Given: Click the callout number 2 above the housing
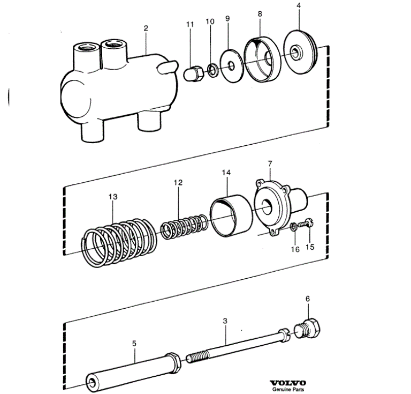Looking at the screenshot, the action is tap(146, 28).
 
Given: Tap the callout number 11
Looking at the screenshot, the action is tap(190, 25).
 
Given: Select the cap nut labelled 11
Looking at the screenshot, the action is tap(194, 74).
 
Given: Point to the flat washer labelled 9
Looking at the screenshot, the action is tap(232, 66).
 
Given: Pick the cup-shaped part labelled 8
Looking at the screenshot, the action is tap(262, 60).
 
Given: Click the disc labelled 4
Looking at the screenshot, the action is tap(300, 53).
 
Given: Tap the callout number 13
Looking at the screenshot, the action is tap(113, 197).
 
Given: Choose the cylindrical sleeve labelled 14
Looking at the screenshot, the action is tap(231, 215).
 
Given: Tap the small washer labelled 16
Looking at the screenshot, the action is tap(294, 227).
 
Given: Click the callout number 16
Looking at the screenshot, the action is tap(295, 249).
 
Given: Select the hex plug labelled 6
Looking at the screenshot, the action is tap(307, 329).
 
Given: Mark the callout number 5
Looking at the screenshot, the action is tap(134, 344).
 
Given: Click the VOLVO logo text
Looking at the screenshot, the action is tap(288, 383).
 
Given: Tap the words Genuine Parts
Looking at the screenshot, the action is tap(288, 390).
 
